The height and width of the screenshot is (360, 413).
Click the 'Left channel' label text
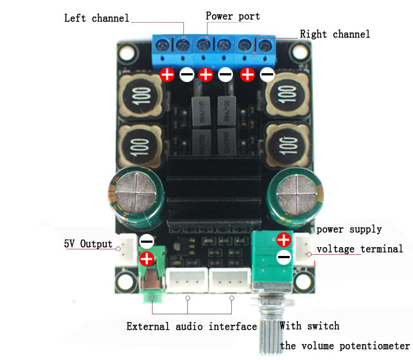tap(96, 18)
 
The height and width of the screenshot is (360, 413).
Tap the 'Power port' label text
tap(232, 15)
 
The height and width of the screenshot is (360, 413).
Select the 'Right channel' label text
tap(335, 34)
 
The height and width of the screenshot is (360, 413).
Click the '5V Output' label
tap(88, 244)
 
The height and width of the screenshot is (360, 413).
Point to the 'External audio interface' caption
tap(192, 326)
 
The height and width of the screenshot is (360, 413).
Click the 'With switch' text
tap(309, 326)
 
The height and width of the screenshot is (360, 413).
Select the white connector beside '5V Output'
tap(127, 249)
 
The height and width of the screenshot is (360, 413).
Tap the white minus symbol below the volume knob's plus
tap(284, 257)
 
